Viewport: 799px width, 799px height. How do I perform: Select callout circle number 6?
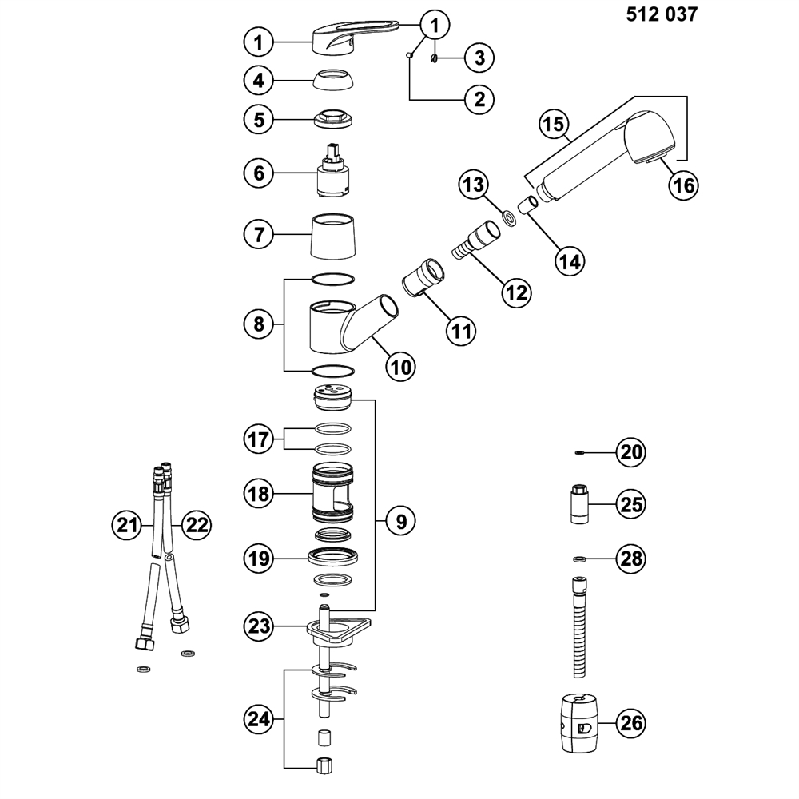click(259, 173)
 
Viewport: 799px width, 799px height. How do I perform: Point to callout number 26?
click(630, 724)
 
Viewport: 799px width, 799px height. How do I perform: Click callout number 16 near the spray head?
click(683, 185)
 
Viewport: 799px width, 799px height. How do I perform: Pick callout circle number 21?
click(125, 525)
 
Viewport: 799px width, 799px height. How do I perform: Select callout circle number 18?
click(259, 495)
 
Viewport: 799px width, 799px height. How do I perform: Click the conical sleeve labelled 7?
click(334, 236)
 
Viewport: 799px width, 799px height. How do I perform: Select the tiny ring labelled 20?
click(580, 452)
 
